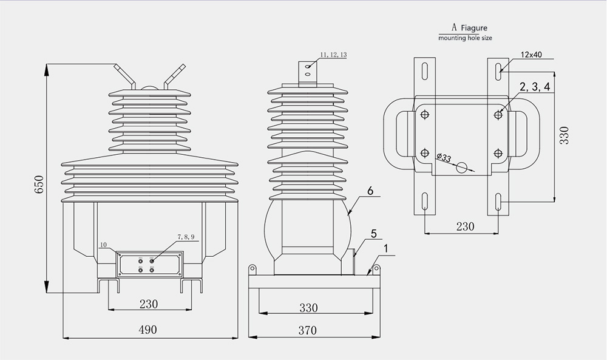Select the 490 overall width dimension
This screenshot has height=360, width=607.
click(147, 330)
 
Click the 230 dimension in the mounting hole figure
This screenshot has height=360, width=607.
click(464, 226)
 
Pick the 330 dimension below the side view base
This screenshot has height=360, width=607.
click(308, 308)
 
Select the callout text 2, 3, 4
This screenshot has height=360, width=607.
click(534, 87)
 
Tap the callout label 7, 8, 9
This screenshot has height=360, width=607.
click(186, 236)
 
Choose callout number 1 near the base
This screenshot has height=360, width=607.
click(385, 248)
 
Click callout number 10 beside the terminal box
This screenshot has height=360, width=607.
click(104, 245)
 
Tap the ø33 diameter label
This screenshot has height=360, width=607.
click(444, 158)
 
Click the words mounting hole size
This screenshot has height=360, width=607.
click(466, 38)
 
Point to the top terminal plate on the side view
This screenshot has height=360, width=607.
click(308, 69)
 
